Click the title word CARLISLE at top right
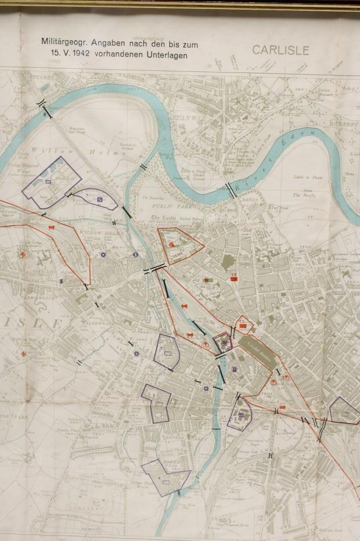(280, 50)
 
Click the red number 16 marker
(234, 277)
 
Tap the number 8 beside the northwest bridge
(44, 115)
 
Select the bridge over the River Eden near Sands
(231, 189)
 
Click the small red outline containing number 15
(244, 324)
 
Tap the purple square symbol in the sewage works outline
(49, 183)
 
